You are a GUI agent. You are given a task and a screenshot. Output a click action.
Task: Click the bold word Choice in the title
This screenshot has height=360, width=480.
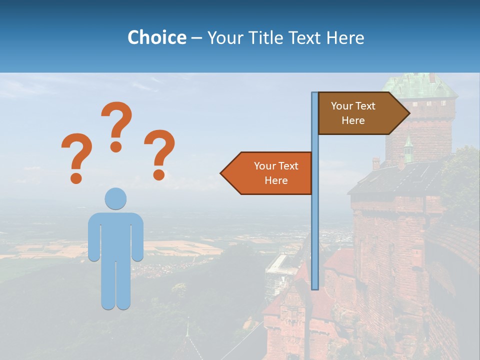click(156, 37)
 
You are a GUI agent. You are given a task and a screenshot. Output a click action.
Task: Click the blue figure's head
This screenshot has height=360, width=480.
click(115, 198)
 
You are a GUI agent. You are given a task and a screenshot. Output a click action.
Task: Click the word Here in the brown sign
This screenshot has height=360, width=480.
click(353, 120)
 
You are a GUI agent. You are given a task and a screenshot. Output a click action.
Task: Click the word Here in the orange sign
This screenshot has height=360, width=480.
click(276, 180)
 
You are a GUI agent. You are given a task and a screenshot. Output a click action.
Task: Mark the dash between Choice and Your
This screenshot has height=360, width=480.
click(196, 38)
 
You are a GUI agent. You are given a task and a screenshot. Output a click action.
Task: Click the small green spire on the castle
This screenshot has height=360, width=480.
click(408, 148)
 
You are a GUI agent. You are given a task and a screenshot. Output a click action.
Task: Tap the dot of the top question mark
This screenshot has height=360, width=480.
click(116, 146)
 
